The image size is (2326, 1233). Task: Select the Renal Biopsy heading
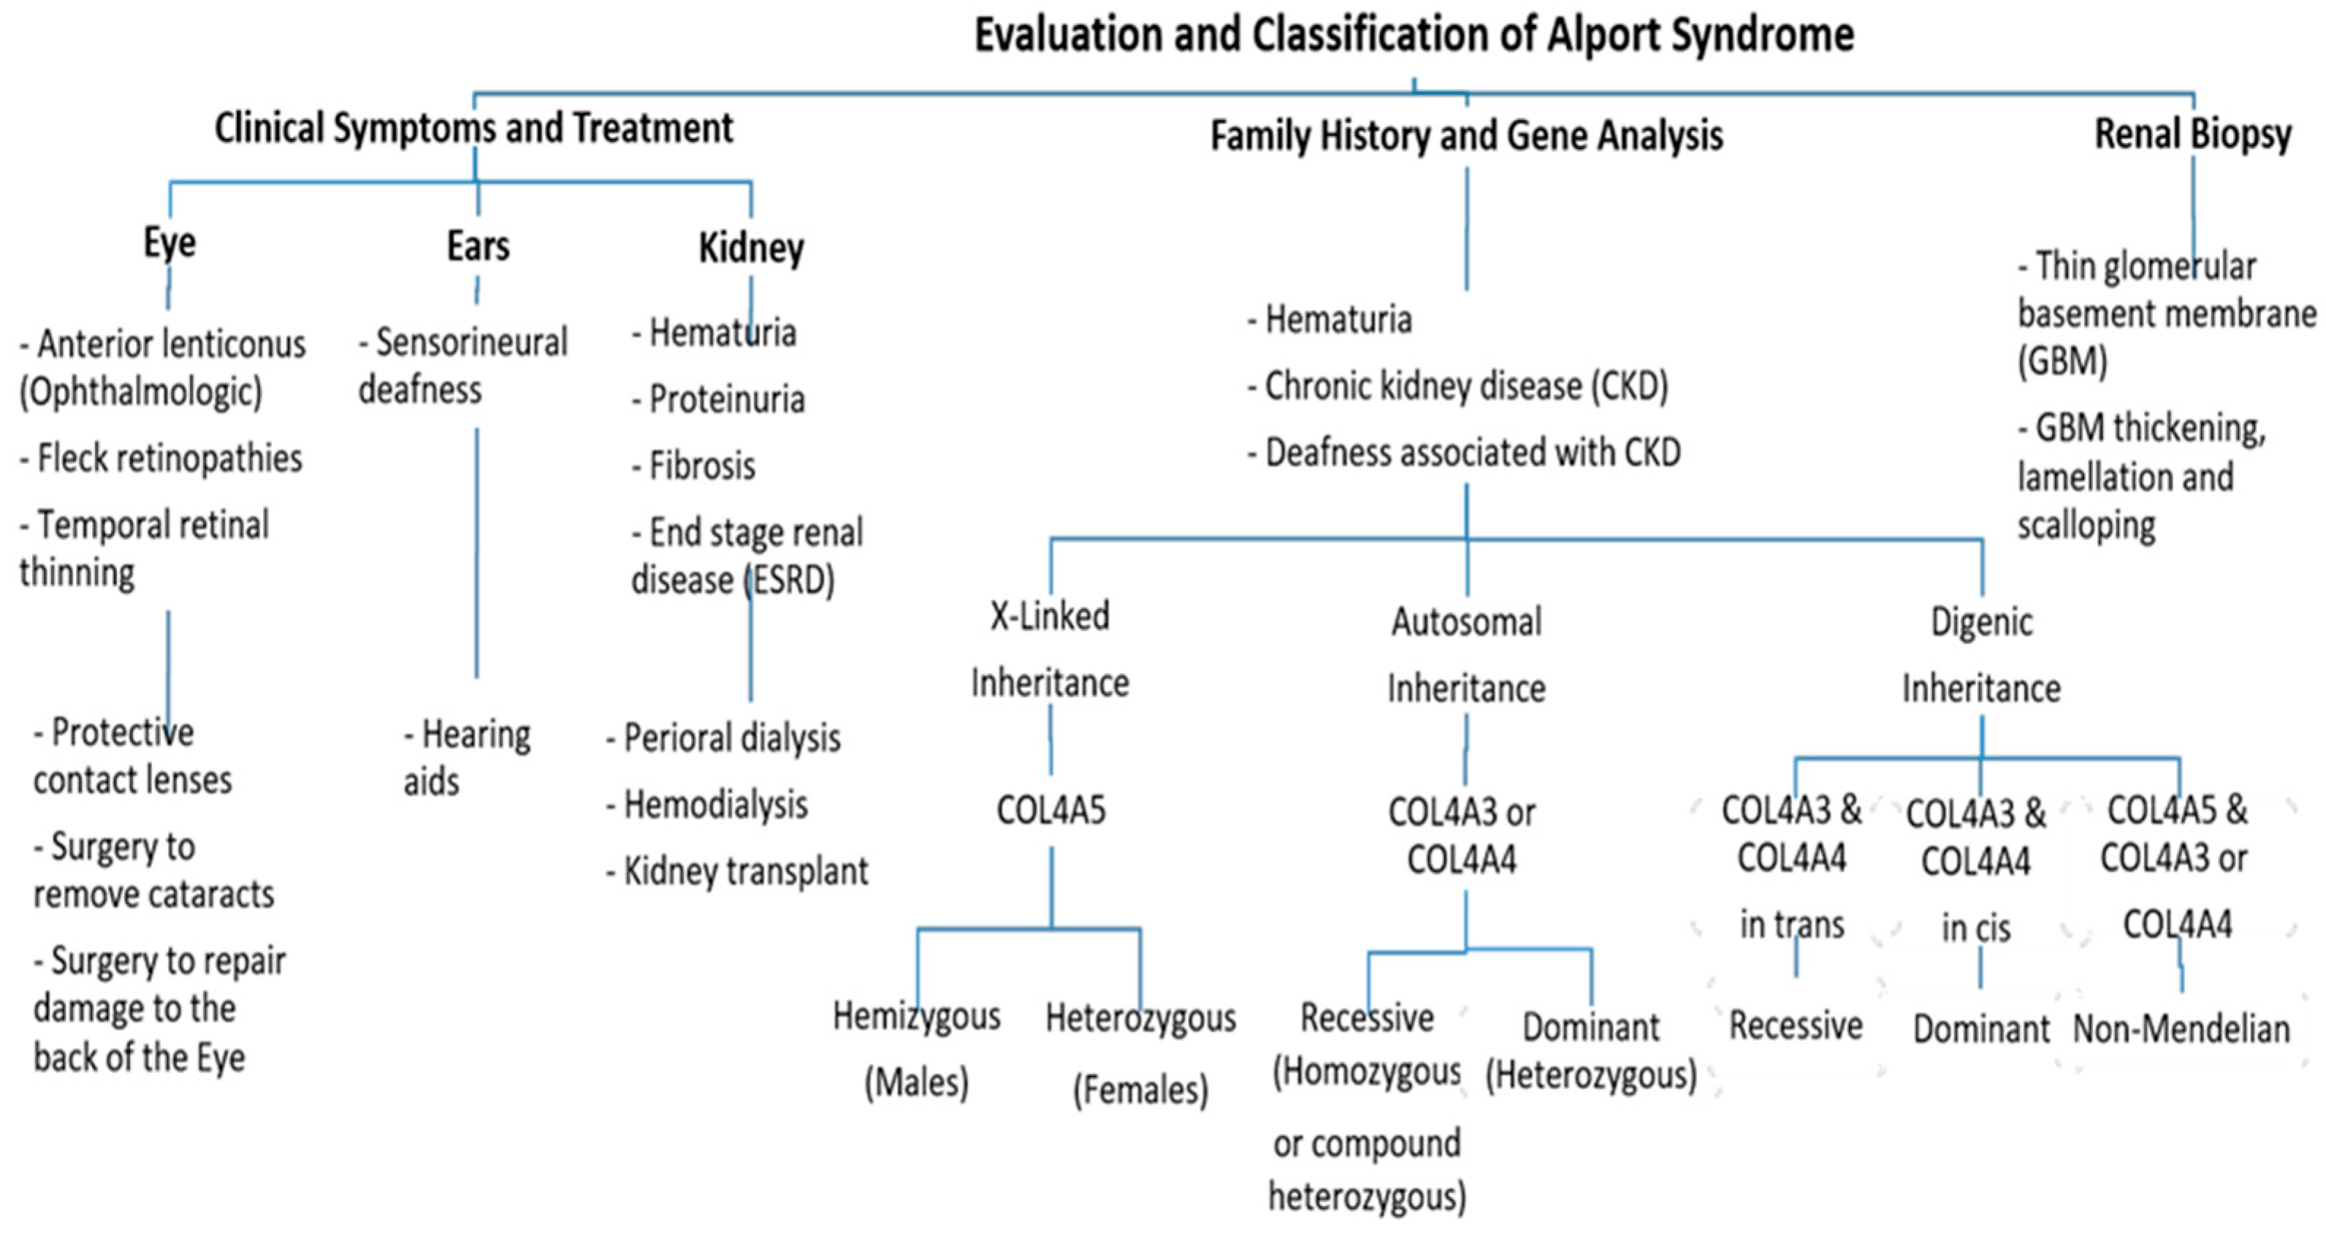(x=2192, y=134)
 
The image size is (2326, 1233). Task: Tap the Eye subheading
(x=169, y=243)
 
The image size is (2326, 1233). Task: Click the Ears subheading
(x=478, y=246)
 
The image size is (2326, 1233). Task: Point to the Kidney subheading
(x=750, y=249)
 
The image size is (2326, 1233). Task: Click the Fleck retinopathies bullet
(x=162, y=459)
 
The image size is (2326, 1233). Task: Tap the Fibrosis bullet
(x=695, y=467)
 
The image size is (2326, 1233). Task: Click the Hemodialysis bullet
(x=708, y=805)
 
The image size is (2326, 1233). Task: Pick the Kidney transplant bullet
(x=738, y=872)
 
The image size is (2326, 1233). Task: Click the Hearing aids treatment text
(x=467, y=759)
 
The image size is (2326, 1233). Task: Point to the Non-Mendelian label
(x=2181, y=1030)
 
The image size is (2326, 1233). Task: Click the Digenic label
(x=1981, y=623)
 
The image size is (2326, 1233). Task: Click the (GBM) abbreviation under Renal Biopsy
(x=2062, y=361)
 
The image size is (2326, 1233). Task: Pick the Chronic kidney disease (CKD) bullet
(x=1458, y=387)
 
